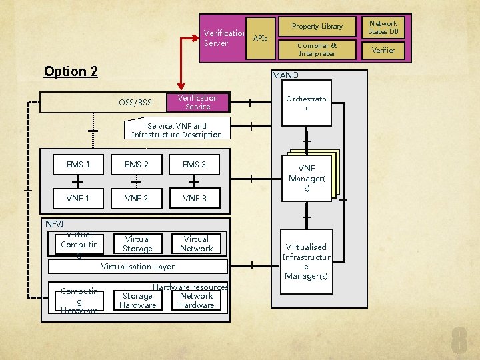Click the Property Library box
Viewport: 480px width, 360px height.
click(317, 27)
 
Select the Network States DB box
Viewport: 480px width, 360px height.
click(383, 27)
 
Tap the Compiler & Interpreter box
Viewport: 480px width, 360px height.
click(317, 49)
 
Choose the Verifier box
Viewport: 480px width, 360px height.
click(383, 50)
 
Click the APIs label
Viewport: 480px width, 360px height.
click(261, 39)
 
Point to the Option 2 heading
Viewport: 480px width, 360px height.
click(71, 71)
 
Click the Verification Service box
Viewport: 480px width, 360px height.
click(197, 102)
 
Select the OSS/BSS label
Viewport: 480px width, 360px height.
click(135, 103)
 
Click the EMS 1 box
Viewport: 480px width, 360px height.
click(79, 165)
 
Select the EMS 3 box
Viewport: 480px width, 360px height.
click(195, 165)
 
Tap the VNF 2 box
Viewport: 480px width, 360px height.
click(137, 198)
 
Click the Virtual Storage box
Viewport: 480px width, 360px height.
click(137, 244)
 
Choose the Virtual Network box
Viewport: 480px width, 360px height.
click(196, 244)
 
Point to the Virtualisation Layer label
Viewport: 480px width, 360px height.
click(137, 267)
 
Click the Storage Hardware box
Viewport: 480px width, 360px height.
click(137, 301)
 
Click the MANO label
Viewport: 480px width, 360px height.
click(285, 75)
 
